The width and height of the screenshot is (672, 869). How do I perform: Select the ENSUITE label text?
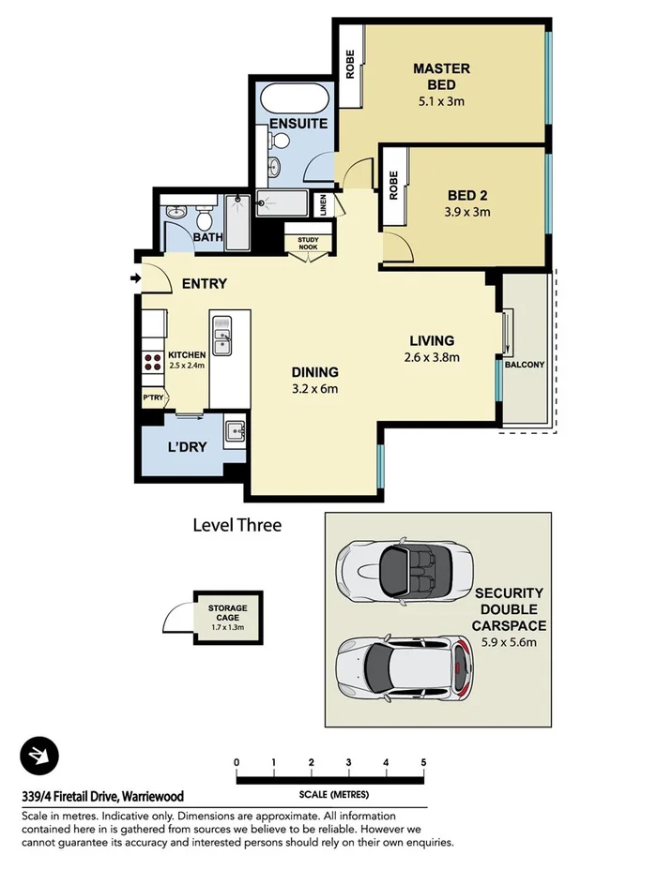(298, 124)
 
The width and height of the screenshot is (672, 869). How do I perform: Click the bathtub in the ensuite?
(292, 97)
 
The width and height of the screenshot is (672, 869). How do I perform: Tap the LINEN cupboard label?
(324, 204)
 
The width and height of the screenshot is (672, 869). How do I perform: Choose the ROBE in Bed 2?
(393, 185)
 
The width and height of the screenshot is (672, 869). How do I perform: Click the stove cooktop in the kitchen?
(151, 362)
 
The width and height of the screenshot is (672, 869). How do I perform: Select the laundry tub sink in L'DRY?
(235, 433)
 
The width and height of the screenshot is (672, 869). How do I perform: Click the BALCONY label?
(524, 365)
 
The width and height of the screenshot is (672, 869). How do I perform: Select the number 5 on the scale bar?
(423, 762)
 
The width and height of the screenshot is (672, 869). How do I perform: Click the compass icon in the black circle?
(39, 756)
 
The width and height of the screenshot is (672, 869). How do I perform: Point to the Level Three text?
(237, 525)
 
